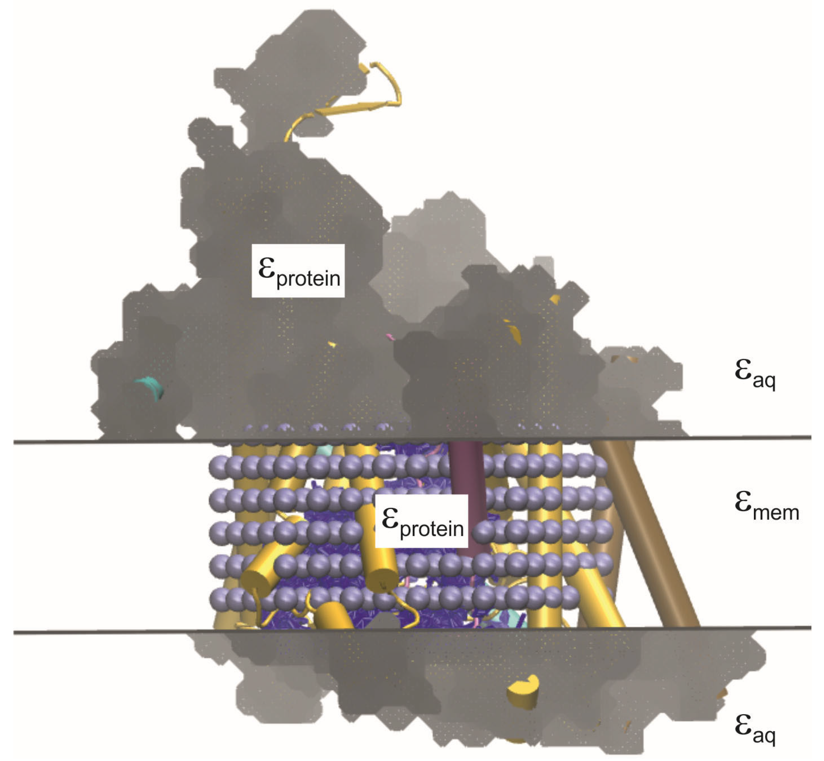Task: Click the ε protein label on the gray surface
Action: click(x=298, y=270)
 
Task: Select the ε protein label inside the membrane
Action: click(x=422, y=522)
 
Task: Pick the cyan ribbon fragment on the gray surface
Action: click(x=150, y=387)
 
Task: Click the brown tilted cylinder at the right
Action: click(x=654, y=548)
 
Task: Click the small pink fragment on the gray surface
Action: click(x=390, y=337)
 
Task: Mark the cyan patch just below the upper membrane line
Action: click(x=325, y=450)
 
